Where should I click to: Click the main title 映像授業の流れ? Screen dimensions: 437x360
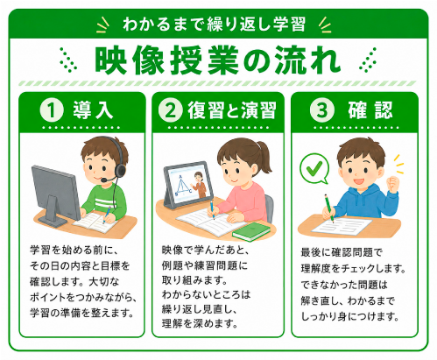click(x=218, y=60)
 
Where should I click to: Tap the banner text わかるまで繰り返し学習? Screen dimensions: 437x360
click(x=214, y=25)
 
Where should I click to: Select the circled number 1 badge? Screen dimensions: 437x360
click(x=52, y=110)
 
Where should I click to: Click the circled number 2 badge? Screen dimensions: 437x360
click(x=171, y=110)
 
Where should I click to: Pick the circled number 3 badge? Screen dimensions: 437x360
click(x=321, y=110)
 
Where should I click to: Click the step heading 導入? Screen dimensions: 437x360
click(x=93, y=110)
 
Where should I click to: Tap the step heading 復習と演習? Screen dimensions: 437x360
click(x=232, y=110)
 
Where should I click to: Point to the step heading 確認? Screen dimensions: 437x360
click(x=370, y=110)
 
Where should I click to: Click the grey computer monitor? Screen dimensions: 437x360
click(x=55, y=195)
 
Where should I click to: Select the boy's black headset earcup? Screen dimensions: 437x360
click(x=120, y=170)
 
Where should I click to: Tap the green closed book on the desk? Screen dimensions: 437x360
click(x=251, y=231)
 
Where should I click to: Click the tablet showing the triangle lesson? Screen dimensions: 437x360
click(x=187, y=185)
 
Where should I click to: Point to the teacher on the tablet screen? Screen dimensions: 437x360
click(x=200, y=184)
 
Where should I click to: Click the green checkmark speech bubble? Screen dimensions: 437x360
click(x=314, y=169)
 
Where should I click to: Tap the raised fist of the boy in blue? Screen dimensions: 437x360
click(x=392, y=183)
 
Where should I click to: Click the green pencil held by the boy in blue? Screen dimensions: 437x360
click(x=329, y=208)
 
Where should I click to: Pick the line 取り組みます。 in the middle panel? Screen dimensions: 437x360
click(x=194, y=280)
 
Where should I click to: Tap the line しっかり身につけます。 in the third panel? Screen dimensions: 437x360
click(x=349, y=316)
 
